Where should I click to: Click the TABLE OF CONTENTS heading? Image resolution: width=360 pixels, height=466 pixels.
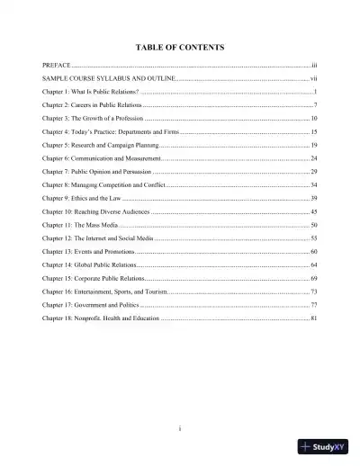tap(180, 46)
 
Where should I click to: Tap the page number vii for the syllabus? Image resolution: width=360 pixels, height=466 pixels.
tap(313, 80)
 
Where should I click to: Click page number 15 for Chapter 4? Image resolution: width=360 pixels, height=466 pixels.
tap(313, 132)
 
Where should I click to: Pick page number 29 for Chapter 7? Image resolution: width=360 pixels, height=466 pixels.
tap(313, 171)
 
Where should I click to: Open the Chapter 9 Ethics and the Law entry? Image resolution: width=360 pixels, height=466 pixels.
tap(81, 197)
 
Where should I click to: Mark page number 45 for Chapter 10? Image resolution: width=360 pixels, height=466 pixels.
tap(313, 211)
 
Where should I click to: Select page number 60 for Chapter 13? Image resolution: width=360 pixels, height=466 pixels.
tap(313, 249)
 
